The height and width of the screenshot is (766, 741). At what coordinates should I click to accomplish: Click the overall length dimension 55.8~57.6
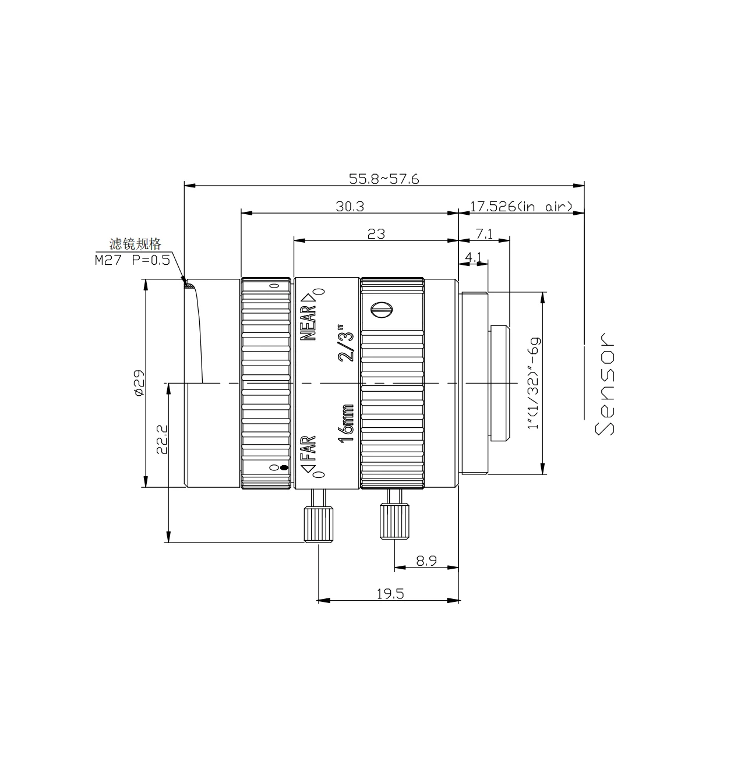pos(384,179)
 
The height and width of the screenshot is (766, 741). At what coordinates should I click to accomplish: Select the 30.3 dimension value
pos(350,206)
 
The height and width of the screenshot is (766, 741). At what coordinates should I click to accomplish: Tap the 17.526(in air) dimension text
pos(521,206)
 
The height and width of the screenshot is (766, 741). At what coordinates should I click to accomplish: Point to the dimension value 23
pos(376,234)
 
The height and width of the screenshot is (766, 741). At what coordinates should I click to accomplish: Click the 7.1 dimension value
pos(484,234)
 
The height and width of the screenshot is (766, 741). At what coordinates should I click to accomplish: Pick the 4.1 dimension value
pos(473,257)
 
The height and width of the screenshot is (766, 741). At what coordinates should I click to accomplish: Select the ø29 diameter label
pos(139,382)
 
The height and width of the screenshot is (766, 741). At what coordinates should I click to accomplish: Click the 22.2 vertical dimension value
pos(162,439)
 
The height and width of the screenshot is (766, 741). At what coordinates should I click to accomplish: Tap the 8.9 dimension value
pos(426,561)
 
